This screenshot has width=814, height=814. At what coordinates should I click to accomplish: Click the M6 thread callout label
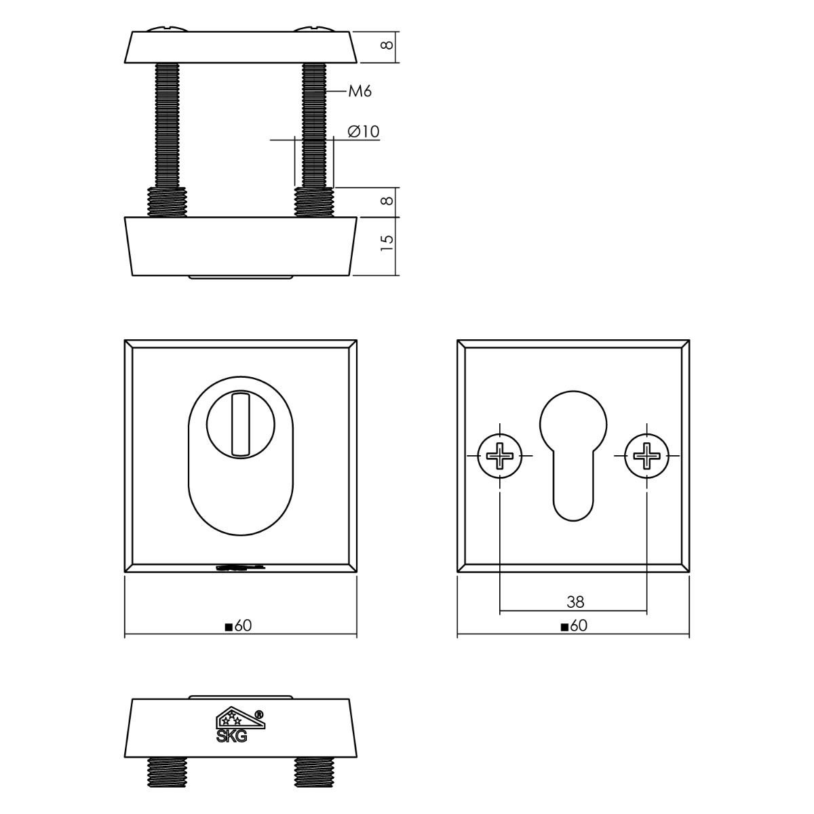pyautogui.click(x=360, y=91)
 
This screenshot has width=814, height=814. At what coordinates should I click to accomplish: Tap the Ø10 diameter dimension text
pyautogui.click(x=364, y=132)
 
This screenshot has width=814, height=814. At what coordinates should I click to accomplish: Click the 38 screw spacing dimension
pyautogui.click(x=575, y=602)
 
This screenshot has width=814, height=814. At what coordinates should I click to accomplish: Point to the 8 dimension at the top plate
pyautogui.click(x=387, y=45)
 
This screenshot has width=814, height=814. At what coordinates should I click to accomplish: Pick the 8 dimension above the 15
pyautogui.click(x=387, y=201)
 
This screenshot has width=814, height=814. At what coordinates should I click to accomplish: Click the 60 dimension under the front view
pyautogui.click(x=238, y=625)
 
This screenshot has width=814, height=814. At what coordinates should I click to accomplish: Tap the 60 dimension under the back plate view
pyautogui.click(x=574, y=625)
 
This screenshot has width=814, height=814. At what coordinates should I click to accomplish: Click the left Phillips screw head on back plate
pyautogui.click(x=500, y=456)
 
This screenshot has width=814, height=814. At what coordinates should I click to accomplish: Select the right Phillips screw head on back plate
pyautogui.click(x=646, y=456)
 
